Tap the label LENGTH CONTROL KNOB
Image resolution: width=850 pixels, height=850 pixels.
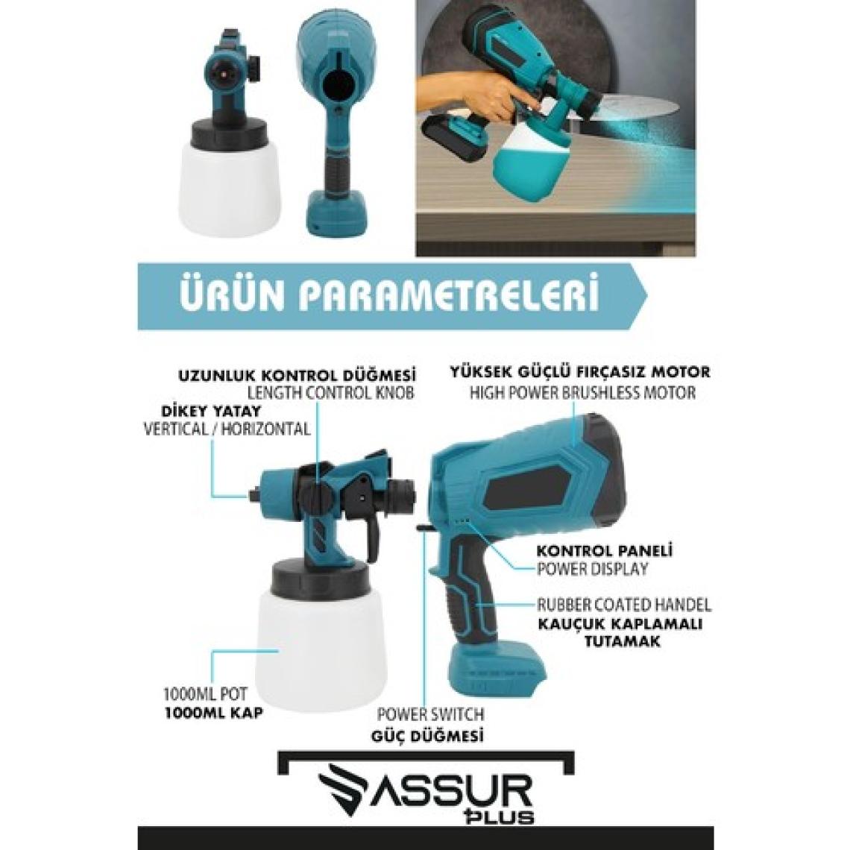point(330,392)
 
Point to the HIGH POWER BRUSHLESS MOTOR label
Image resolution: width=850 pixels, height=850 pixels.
point(582,392)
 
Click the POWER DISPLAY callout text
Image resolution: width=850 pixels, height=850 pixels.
point(592,569)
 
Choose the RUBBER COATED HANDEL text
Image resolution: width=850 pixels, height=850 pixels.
point(623,604)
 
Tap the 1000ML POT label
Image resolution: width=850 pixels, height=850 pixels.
point(205,693)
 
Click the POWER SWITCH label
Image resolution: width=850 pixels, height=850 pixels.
point(430,714)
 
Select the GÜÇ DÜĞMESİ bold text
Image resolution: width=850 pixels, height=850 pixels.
point(427,736)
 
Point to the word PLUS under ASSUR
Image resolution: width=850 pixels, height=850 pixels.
point(506,816)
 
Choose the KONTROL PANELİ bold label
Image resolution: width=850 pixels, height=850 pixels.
point(605,551)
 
